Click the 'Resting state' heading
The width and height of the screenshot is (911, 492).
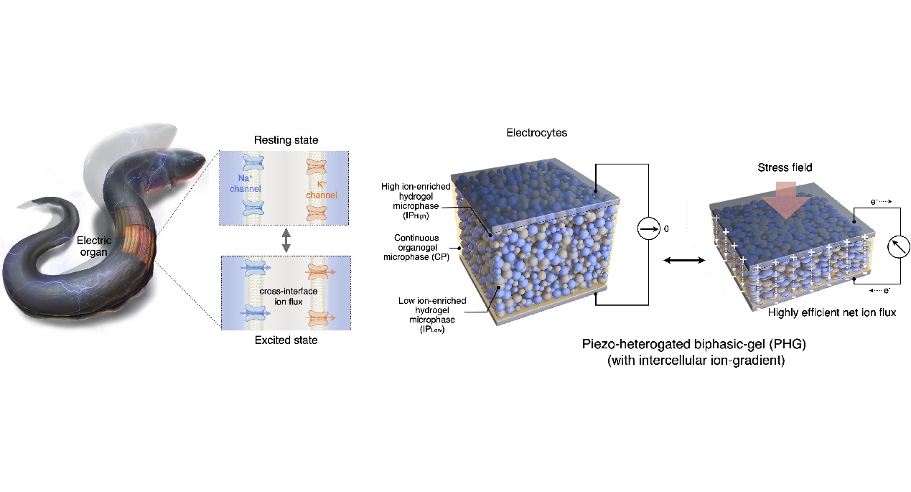pos(286,139)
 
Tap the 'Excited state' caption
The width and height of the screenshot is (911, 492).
pos(286,340)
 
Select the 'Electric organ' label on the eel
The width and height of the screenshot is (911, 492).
pos(94,246)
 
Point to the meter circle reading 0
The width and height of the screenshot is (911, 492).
pos(648,228)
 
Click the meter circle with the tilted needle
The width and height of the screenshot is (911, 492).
pos(898,247)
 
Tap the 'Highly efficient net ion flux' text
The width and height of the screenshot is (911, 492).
pos(832,312)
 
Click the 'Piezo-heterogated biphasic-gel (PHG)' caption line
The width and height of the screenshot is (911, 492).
pos(693,344)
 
